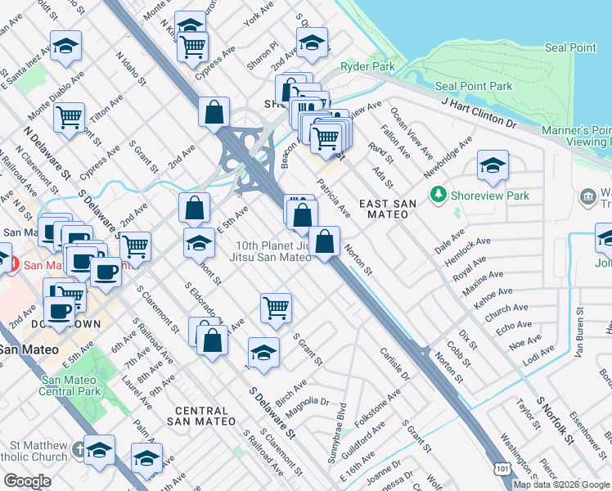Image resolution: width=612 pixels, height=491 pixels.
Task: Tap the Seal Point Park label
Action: [474, 86]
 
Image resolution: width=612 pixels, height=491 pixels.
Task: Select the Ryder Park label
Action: [367, 66]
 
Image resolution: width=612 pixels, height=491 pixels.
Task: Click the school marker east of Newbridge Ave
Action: [493, 167]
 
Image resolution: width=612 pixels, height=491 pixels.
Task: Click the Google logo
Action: [27, 481]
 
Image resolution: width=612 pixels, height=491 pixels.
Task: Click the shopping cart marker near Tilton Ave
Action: [70, 116]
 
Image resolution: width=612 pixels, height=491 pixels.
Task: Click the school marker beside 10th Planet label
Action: [198, 244]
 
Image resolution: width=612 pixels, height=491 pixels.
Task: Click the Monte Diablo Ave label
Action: [56, 96]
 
